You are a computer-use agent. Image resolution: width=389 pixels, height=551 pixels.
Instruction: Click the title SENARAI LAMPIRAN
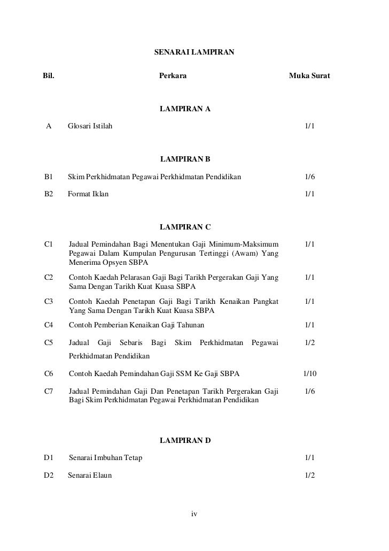point(194,53)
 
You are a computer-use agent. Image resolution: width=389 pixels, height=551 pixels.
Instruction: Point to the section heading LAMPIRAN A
point(185,109)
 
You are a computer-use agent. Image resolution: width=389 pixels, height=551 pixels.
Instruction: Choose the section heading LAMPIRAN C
point(185,227)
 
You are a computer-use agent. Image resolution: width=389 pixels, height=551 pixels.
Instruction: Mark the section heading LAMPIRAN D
point(185,440)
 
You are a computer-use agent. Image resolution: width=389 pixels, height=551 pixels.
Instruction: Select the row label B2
point(49,194)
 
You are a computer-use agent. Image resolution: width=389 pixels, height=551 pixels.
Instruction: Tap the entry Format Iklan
point(88,194)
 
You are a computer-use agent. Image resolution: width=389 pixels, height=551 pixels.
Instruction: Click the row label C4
point(49,324)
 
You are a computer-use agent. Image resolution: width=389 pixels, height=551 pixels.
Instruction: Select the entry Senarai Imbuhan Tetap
point(106,458)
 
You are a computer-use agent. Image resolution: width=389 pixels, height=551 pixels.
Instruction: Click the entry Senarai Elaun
point(90,475)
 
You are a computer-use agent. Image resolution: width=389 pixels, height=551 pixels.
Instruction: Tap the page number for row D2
point(309,475)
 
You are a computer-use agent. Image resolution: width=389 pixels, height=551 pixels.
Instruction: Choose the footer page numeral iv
point(194,514)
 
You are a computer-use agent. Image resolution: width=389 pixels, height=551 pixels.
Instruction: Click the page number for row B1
point(309,177)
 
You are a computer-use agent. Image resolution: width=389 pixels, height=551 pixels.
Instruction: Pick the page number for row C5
point(309,341)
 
